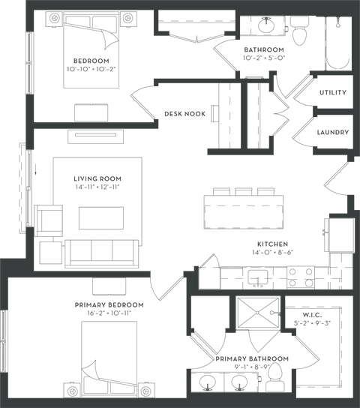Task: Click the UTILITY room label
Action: coord(333,92)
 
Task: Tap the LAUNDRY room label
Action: coord(333,132)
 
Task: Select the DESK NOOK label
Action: coord(185,114)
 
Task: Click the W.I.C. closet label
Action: coord(312,315)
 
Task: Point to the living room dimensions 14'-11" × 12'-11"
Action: coord(97,187)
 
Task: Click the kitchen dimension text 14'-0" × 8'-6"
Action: coord(272,252)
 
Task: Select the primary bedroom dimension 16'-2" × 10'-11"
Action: coord(109,313)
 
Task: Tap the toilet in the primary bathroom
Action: coord(275,377)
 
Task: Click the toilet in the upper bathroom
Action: coord(299,31)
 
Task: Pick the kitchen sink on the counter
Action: coord(257,277)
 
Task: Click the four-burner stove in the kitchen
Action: coord(301,277)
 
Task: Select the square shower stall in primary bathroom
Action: coord(258,313)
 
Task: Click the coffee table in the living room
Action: coord(101,218)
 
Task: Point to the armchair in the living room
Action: coord(49,220)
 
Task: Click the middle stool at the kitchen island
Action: coord(244,191)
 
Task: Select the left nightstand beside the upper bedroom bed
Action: coord(54,19)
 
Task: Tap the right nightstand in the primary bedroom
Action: coord(146,390)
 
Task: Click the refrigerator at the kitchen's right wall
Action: coord(340,235)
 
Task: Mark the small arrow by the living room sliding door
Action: coord(36,171)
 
